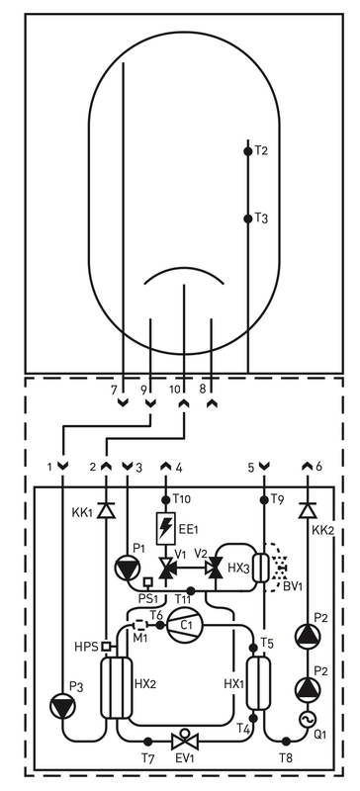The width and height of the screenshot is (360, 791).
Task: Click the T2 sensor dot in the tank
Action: pos(248,151)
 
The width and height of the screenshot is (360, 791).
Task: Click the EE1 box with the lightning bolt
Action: pos(165,525)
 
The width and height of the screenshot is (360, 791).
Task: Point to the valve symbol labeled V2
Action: pos(212,568)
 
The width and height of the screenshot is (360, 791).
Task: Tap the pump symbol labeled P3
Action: pos(63,704)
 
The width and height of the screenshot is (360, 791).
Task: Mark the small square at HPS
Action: pos(106,647)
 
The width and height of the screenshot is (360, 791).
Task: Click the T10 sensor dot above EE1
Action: pos(165,496)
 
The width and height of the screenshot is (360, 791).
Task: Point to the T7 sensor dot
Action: pos(147,740)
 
